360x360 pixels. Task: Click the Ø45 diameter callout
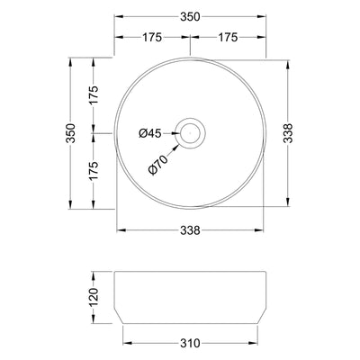(x=149, y=134)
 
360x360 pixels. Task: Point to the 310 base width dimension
(x=191, y=343)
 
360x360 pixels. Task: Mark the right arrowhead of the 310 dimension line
(x=256, y=343)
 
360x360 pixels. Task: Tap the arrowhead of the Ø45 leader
(x=179, y=134)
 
